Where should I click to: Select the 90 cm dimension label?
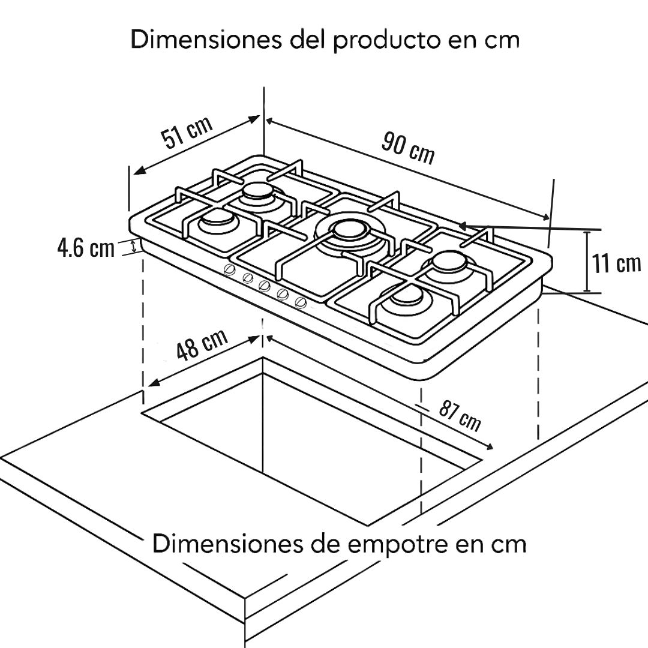[x=408, y=148]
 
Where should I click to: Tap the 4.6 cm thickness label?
[x=86, y=248]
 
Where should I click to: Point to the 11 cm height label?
[x=616, y=263]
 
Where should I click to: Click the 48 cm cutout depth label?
[x=202, y=344]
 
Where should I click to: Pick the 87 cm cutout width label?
[x=460, y=416]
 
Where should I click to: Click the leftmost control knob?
[x=229, y=269]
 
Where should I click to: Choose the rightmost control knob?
[x=301, y=302]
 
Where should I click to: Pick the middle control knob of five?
[x=265, y=285]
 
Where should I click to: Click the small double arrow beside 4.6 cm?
[x=133, y=247]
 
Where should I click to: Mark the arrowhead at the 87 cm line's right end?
[x=489, y=446]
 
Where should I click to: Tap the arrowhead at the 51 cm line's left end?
[x=140, y=170]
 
